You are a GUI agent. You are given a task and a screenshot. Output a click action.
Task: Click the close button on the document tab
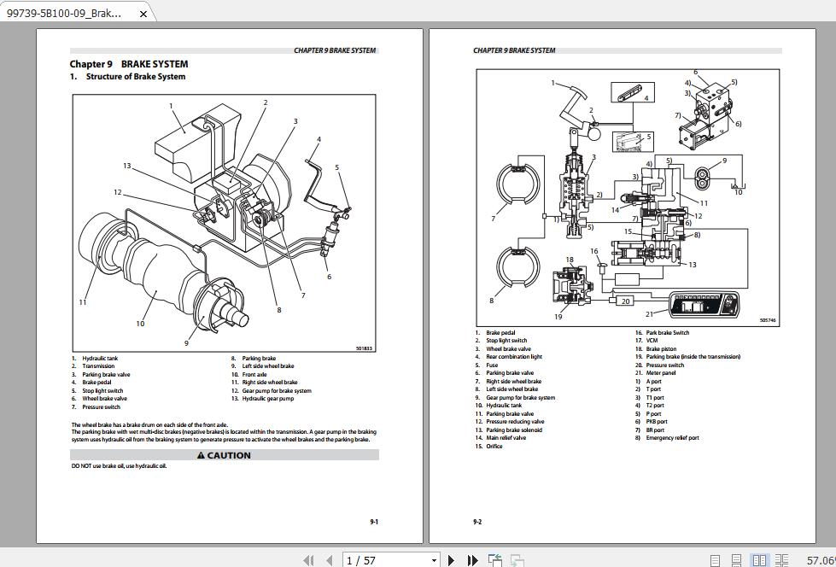coord(143,13)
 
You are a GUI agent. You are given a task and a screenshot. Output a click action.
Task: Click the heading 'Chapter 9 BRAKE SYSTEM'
coord(129,64)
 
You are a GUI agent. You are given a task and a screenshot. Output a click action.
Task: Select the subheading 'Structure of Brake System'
coord(135,77)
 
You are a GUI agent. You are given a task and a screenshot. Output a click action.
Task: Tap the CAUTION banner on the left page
coord(224,455)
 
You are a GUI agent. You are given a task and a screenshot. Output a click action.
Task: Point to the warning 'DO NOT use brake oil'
coord(119,466)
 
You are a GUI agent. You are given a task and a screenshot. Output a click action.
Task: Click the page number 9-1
coord(374,522)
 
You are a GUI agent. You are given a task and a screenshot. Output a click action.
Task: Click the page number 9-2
coord(477,522)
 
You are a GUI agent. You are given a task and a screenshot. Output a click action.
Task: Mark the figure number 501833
coord(364,348)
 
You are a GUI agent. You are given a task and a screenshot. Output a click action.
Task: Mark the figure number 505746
coord(768,320)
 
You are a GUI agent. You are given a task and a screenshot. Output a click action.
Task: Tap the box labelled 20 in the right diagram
coord(625,301)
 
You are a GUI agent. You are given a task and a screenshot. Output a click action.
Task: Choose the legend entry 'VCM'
coord(652,341)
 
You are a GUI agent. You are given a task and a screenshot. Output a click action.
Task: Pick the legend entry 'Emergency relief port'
coord(672,438)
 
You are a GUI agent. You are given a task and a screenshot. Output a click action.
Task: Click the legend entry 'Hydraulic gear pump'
coord(267,399)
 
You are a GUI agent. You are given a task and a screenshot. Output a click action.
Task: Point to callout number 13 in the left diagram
coord(126,166)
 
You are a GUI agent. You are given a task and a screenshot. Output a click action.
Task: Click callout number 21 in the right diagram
coord(649,314)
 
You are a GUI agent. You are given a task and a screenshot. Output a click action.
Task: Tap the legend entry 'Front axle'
coord(254,375)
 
